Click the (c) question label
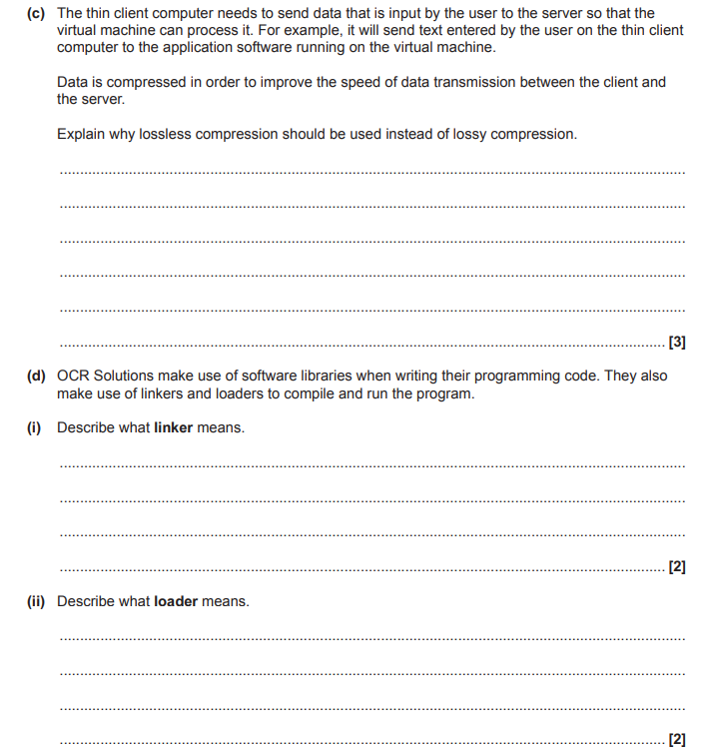click(x=37, y=13)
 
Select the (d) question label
click(x=37, y=377)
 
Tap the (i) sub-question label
click(x=34, y=427)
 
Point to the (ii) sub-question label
click(x=36, y=601)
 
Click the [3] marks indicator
click(x=676, y=343)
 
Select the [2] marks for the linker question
click(x=676, y=567)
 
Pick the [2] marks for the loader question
click(x=676, y=740)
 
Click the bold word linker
click(x=174, y=427)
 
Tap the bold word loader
click(x=177, y=601)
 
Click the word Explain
click(x=83, y=134)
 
